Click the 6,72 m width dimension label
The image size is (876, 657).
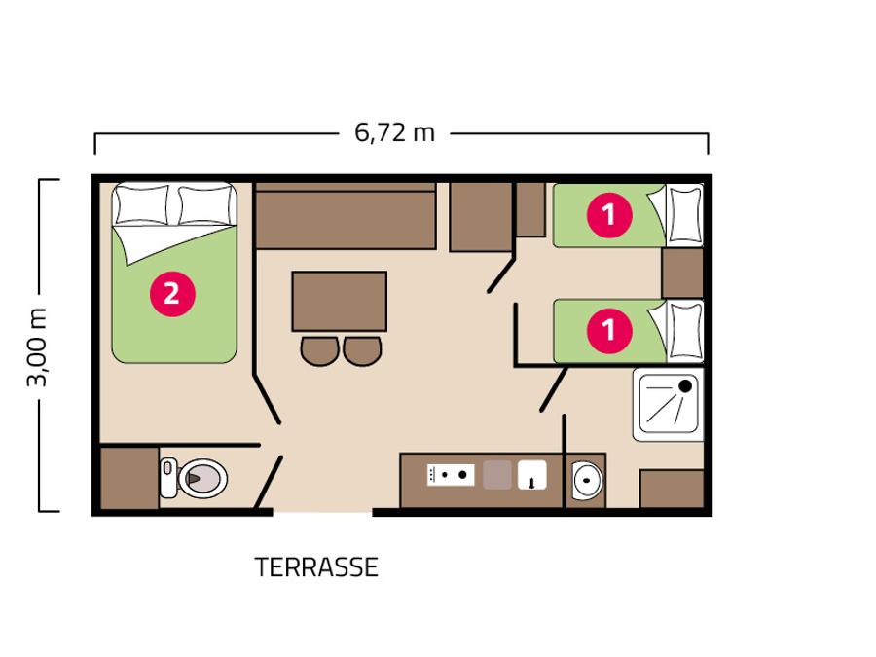(394, 133)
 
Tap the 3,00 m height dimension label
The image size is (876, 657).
(38, 347)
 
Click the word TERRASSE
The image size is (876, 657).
(316, 567)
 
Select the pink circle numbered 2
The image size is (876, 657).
(172, 294)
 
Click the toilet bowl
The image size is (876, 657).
(202, 478)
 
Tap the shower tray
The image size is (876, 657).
(668, 405)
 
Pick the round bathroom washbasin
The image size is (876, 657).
(587, 479)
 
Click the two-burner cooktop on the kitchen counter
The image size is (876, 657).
(451, 475)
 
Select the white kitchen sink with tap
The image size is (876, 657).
(531, 475)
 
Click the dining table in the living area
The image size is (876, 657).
(339, 301)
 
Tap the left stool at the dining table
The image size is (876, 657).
(319, 350)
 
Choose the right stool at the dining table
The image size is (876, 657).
(363, 350)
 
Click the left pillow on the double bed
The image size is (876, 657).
(141, 205)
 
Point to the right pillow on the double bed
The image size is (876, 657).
(205, 205)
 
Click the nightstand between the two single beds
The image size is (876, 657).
(682, 274)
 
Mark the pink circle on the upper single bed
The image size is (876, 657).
(609, 215)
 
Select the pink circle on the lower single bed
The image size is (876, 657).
(609, 331)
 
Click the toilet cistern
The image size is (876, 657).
(168, 478)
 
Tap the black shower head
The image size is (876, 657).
(685, 386)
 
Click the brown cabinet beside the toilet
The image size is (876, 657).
(129, 478)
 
